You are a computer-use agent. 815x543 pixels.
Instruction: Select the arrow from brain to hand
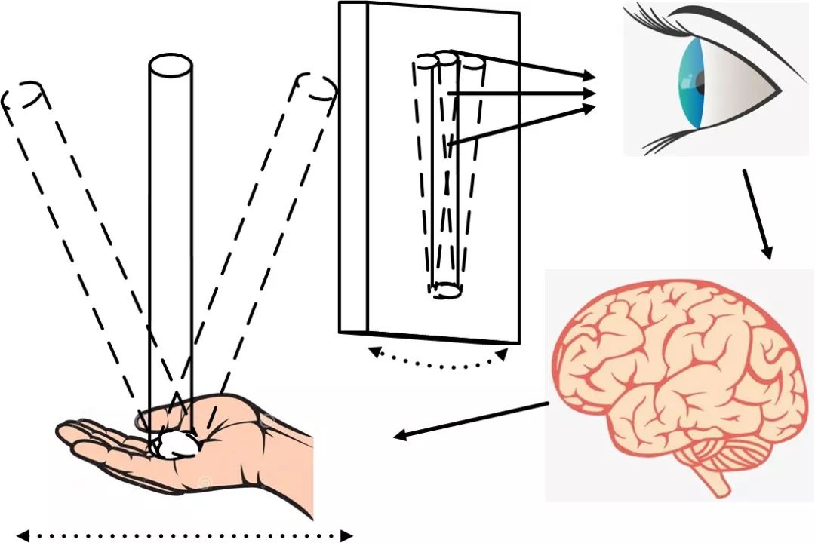click(472, 420)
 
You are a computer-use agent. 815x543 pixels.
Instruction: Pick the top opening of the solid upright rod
click(169, 66)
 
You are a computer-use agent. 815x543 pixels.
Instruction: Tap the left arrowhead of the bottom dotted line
click(23, 536)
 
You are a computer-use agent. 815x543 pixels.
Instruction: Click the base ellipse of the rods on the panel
click(445, 289)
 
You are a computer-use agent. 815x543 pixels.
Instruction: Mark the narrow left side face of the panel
click(353, 166)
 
